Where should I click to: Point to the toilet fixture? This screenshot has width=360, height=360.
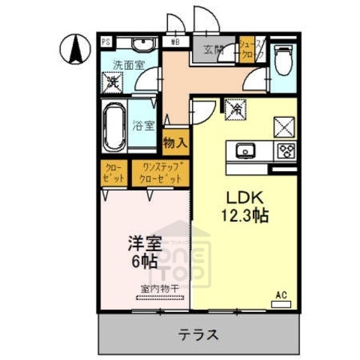[x=284, y=58]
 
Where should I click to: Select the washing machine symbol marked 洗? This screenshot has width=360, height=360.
[x=113, y=82]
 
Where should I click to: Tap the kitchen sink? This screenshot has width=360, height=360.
[x=245, y=151]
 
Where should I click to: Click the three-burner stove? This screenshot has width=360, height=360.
[x=285, y=150]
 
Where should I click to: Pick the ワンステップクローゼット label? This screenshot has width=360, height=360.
[x=159, y=174]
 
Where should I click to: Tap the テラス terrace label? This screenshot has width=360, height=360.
[x=199, y=334]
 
